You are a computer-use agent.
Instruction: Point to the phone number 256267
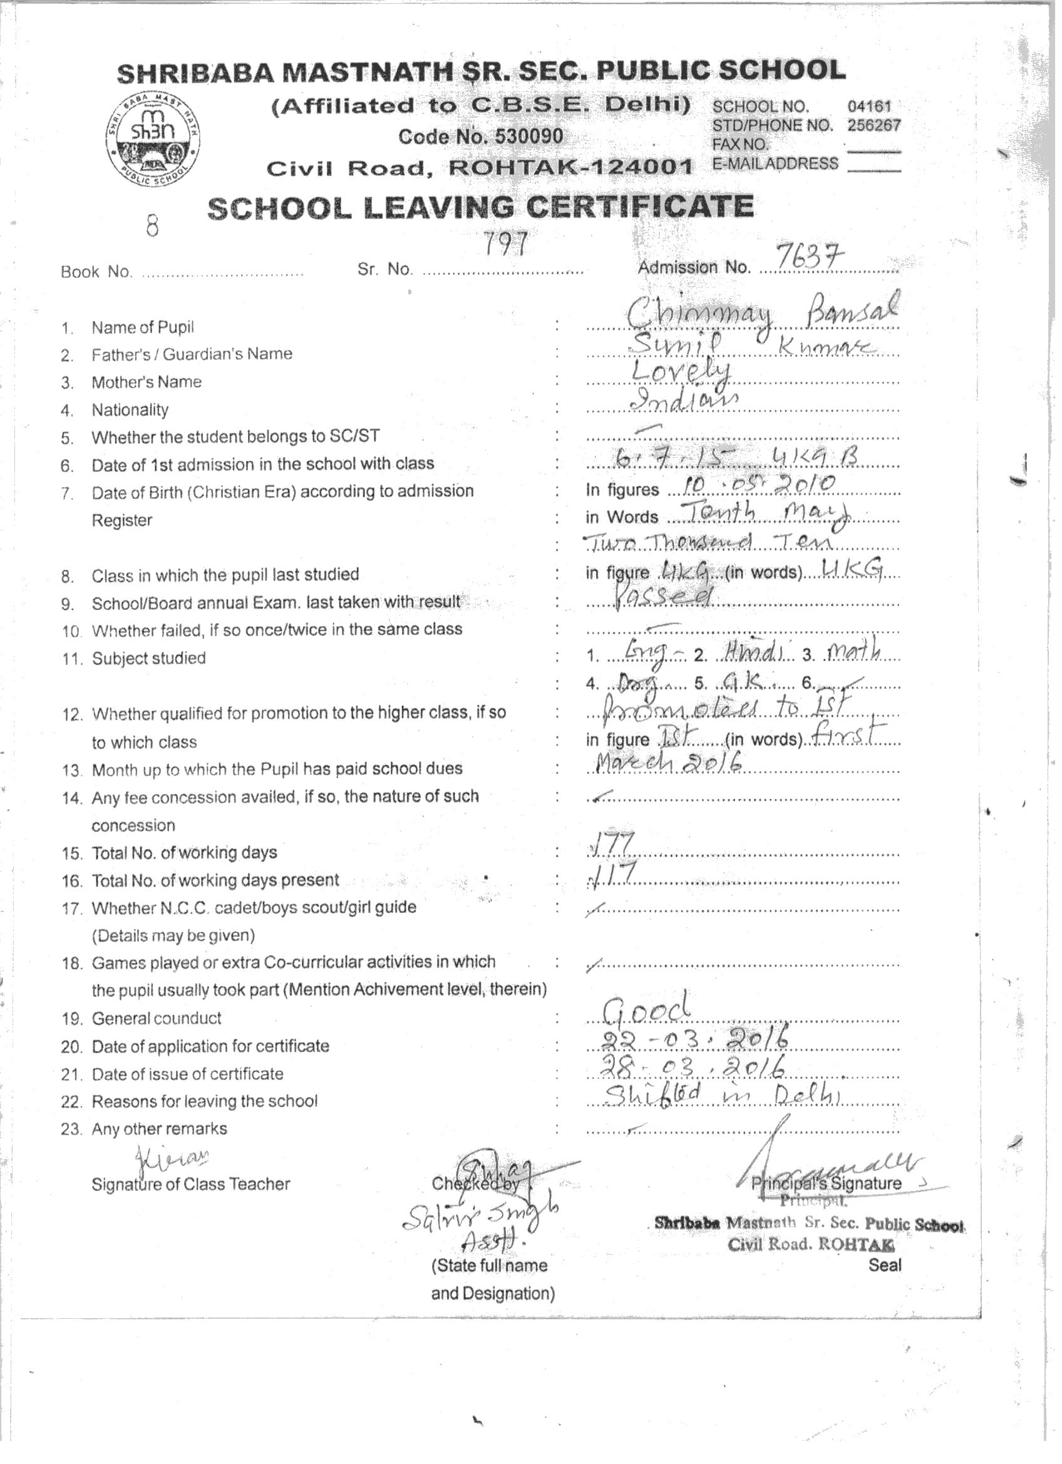[874, 125]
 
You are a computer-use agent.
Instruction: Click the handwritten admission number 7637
[811, 259]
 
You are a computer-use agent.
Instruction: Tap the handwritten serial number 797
[507, 244]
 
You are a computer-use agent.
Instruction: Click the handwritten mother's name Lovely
[681, 373]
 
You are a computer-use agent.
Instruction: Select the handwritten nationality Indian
[684, 401]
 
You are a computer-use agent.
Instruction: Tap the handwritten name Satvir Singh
[479, 1219]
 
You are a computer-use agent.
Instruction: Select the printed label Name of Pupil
[143, 327]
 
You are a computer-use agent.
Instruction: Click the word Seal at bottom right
[884, 1264]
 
